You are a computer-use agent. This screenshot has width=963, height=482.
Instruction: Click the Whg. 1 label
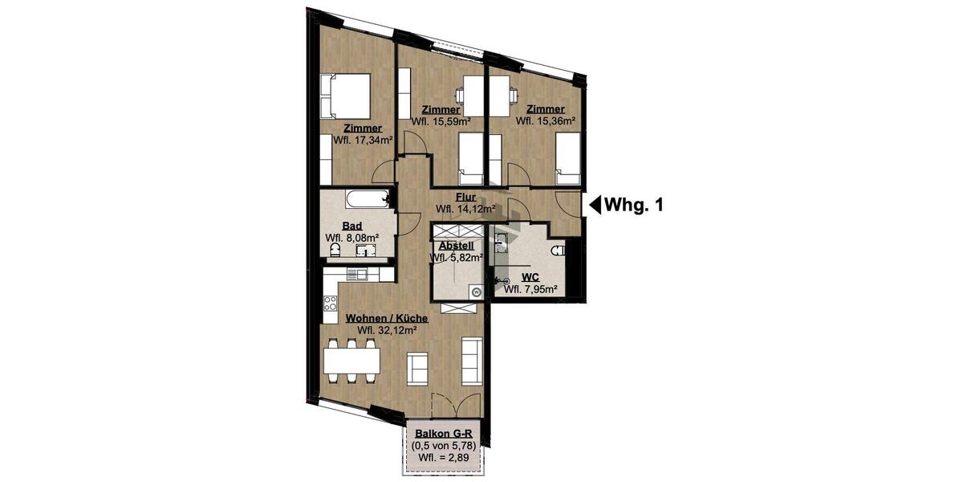point(634,205)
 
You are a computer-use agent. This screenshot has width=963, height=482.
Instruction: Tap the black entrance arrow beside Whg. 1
point(595,205)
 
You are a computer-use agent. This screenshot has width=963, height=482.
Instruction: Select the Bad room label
point(351,227)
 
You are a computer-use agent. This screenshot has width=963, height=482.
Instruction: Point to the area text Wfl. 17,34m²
point(362,139)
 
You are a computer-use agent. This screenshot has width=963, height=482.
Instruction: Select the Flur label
point(465,197)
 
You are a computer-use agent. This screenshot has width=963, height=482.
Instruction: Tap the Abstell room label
point(455,246)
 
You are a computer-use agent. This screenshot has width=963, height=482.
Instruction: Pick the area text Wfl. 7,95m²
point(530,289)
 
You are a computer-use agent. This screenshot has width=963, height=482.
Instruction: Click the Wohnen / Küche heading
point(386,318)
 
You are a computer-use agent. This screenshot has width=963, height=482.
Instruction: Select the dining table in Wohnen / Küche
point(351,358)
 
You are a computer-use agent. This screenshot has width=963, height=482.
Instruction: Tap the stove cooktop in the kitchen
point(330,304)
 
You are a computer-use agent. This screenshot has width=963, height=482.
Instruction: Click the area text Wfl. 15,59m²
point(441,121)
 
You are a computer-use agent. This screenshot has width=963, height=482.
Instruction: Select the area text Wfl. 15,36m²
point(546,121)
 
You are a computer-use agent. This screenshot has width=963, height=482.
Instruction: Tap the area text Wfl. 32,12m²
point(386,330)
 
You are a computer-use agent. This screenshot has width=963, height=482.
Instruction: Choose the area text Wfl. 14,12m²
point(465,209)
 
